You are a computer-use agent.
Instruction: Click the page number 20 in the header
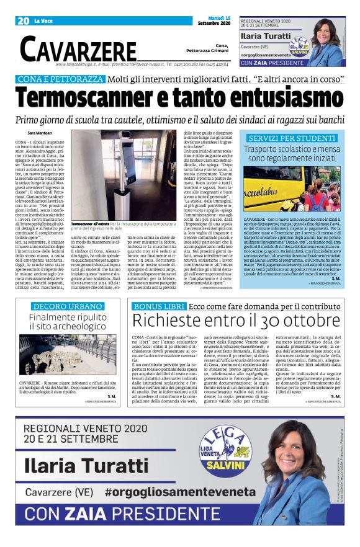pos(24,21)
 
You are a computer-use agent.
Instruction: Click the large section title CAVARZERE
pos(78,48)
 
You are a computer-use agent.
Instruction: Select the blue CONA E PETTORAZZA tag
pos(60,80)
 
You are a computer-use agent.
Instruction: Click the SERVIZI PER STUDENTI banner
pos(292,137)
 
